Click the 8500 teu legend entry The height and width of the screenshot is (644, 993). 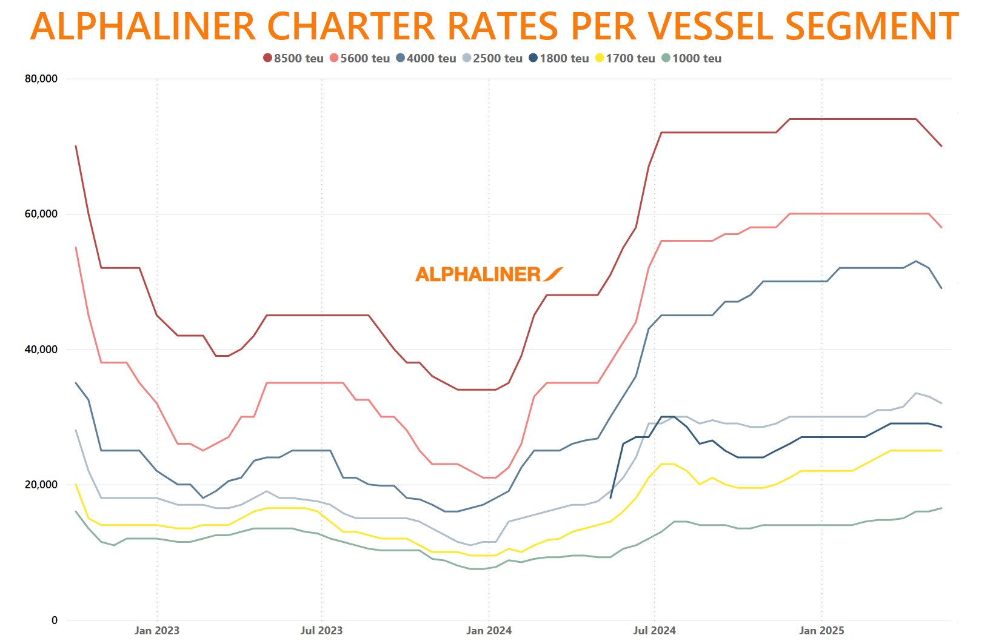(293, 58)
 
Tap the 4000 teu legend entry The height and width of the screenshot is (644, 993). (426, 58)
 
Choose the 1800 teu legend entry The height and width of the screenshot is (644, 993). (559, 58)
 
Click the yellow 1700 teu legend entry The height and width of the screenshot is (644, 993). (625, 58)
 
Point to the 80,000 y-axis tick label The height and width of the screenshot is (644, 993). (41, 79)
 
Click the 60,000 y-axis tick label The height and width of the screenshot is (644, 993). (41, 214)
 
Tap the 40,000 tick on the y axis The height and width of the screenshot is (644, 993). (41, 350)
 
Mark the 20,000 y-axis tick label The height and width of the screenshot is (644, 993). (41, 485)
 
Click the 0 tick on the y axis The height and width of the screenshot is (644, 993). (55, 620)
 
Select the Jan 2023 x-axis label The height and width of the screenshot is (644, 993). (156, 631)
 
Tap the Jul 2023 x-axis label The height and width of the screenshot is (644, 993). (321, 631)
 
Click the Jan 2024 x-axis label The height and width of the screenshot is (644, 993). (489, 631)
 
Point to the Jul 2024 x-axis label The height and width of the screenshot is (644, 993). (654, 631)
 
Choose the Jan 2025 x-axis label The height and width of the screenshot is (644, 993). (821, 631)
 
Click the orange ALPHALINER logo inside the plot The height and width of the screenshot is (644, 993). (489, 274)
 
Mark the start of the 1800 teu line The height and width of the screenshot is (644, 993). (610, 498)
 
